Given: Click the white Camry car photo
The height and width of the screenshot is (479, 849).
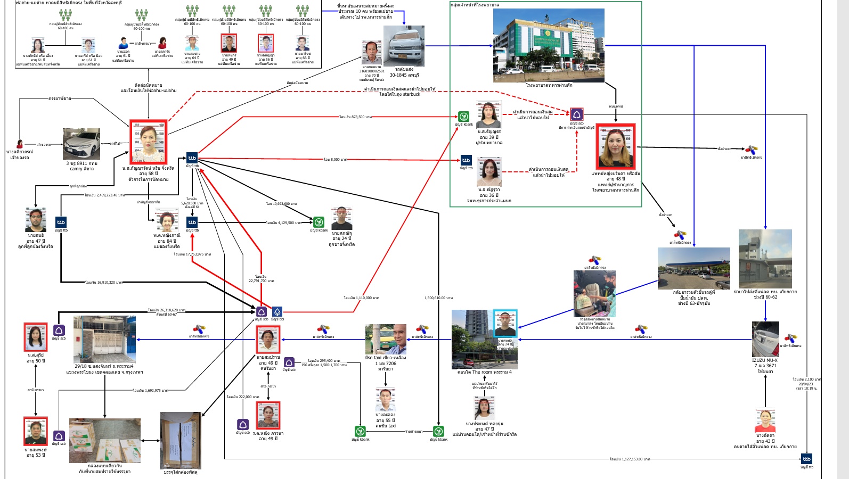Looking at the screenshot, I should click(x=81, y=144).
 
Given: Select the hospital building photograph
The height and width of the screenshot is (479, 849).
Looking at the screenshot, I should click(x=549, y=45).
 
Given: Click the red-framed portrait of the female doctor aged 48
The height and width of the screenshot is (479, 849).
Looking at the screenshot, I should click(x=615, y=146).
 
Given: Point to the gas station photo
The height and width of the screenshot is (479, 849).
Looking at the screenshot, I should click(x=693, y=268).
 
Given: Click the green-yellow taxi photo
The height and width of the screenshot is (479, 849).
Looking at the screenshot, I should click(x=386, y=339).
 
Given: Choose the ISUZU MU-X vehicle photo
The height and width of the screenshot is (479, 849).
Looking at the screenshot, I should click(x=765, y=339).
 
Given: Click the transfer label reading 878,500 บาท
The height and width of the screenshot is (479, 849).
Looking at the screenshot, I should click(x=355, y=117).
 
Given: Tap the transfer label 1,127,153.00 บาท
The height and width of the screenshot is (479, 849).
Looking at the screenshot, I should click(x=630, y=459).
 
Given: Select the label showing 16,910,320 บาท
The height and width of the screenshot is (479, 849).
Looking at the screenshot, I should click(x=104, y=282).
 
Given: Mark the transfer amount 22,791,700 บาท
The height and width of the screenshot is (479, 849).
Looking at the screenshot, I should click(x=261, y=278).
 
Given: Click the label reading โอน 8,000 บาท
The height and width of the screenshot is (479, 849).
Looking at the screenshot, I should click(x=335, y=159).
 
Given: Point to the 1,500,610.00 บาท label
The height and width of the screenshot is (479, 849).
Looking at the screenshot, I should click(x=438, y=298).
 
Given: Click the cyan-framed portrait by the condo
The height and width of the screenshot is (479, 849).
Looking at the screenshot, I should click(x=504, y=323).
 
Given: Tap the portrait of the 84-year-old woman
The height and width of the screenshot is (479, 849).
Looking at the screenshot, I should click(x=167, y=220).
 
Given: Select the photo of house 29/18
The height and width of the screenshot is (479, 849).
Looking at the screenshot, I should click(x=104, y=340).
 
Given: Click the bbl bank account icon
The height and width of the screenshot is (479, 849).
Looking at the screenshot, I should click(x=277, y=311).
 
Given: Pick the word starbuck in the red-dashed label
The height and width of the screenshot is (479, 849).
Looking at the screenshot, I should click(x=411, y=94).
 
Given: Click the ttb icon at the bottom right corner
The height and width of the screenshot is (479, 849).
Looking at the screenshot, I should click(x=806, y=459).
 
